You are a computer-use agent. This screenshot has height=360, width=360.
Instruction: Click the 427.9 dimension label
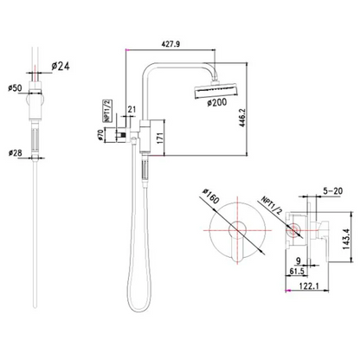coord(170,44)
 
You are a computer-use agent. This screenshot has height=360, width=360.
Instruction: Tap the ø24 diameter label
coord(61,67)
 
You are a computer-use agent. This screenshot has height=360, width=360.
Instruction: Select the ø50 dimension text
coord(15,88)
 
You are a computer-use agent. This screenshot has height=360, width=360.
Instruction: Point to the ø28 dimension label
coord(15,153)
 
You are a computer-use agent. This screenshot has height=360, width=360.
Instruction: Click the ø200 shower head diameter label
coord(216,102)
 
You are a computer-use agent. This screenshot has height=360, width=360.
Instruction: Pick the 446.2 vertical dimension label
coord(241,119)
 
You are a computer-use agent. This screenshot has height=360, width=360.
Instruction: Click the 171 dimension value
coord(160,138)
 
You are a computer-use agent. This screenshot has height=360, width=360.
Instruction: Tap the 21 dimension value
coord(132,109)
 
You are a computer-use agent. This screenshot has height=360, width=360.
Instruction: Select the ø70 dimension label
coord(100,135)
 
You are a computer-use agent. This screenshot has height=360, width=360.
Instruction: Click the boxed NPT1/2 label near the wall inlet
coord(108,111)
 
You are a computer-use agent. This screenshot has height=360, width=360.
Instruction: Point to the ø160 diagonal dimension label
coord(211,196)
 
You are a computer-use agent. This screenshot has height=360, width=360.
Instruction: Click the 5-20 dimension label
coord(332,190)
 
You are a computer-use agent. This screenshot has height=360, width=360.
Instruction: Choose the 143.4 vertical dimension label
coord(346,239)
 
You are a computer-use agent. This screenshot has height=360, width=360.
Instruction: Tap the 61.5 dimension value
coord(297,271)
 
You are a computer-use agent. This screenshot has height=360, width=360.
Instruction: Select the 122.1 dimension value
coord(309,286)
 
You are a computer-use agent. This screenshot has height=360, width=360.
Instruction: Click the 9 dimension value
coord(299,260)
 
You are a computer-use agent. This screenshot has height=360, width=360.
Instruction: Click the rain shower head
coord(215,92)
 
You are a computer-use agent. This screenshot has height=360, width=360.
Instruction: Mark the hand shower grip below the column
coord(145,171)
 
